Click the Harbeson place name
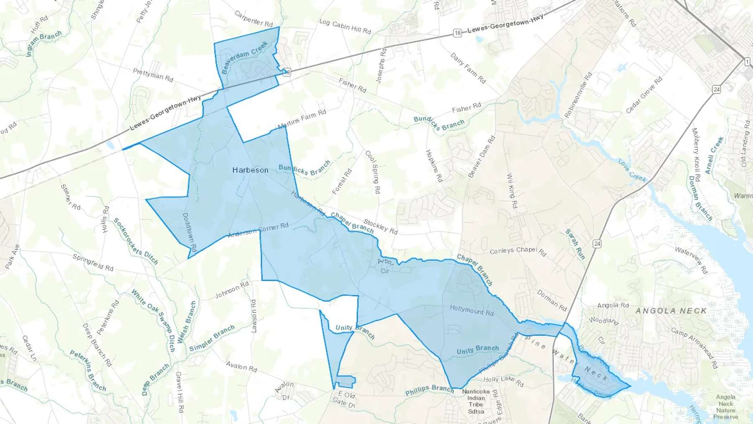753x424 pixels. coord(250,170)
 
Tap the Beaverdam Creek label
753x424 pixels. coord(244,57)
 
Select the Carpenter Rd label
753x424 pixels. coord(254,18)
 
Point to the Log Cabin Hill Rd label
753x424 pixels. coord(345,26)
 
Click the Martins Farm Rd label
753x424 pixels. coord(302,119)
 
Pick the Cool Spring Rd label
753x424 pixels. coord(373,172)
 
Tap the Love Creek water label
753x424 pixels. coord(632,170)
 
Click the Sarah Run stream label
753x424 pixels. coord(575,244)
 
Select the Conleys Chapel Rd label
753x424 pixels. coord(518,251)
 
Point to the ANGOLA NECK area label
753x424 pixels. coord(671,311)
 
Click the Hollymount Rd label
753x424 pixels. coord(471,310)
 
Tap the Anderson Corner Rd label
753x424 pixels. coord(258,230)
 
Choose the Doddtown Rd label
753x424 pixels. coord(190,232)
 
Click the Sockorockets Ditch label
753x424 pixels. coord(136,242)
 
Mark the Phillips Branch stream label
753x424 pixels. coord(429,390)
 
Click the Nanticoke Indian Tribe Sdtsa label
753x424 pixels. coord(476,401)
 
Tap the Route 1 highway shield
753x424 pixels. coord(747,62)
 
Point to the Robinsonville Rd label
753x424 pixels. coord(578,95)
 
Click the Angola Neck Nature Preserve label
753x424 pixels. coord(726,406)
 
